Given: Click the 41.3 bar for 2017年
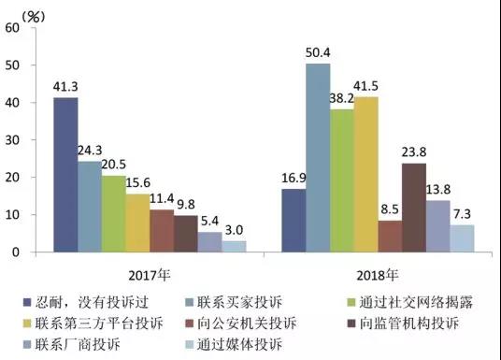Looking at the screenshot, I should [65, 175].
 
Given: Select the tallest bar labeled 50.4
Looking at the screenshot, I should [318, 157].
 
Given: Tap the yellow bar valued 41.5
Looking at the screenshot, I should [366, 174].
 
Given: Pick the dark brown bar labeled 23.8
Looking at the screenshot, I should [414, 208].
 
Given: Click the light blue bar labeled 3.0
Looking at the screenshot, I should [235, 246].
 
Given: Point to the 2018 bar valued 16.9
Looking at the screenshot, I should [293, 220].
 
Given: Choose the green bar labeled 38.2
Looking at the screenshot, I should [342, 180].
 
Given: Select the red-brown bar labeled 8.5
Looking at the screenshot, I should [390, 236].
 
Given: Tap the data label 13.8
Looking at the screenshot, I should [437, 191].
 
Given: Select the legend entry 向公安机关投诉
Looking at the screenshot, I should [233, 324].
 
